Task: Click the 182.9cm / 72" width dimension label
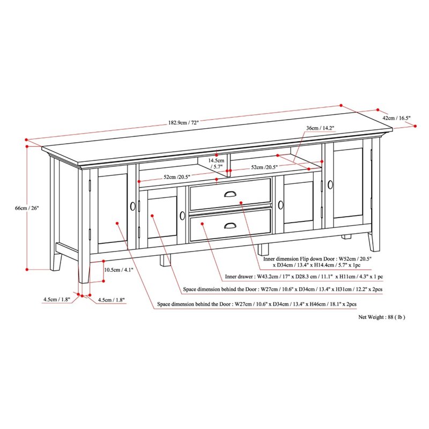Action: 183,122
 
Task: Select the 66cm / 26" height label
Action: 42,208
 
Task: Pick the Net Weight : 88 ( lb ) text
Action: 382,317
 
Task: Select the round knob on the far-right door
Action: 330,184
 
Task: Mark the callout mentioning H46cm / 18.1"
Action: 257,304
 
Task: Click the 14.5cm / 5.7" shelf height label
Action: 217,164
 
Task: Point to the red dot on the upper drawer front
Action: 242,203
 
